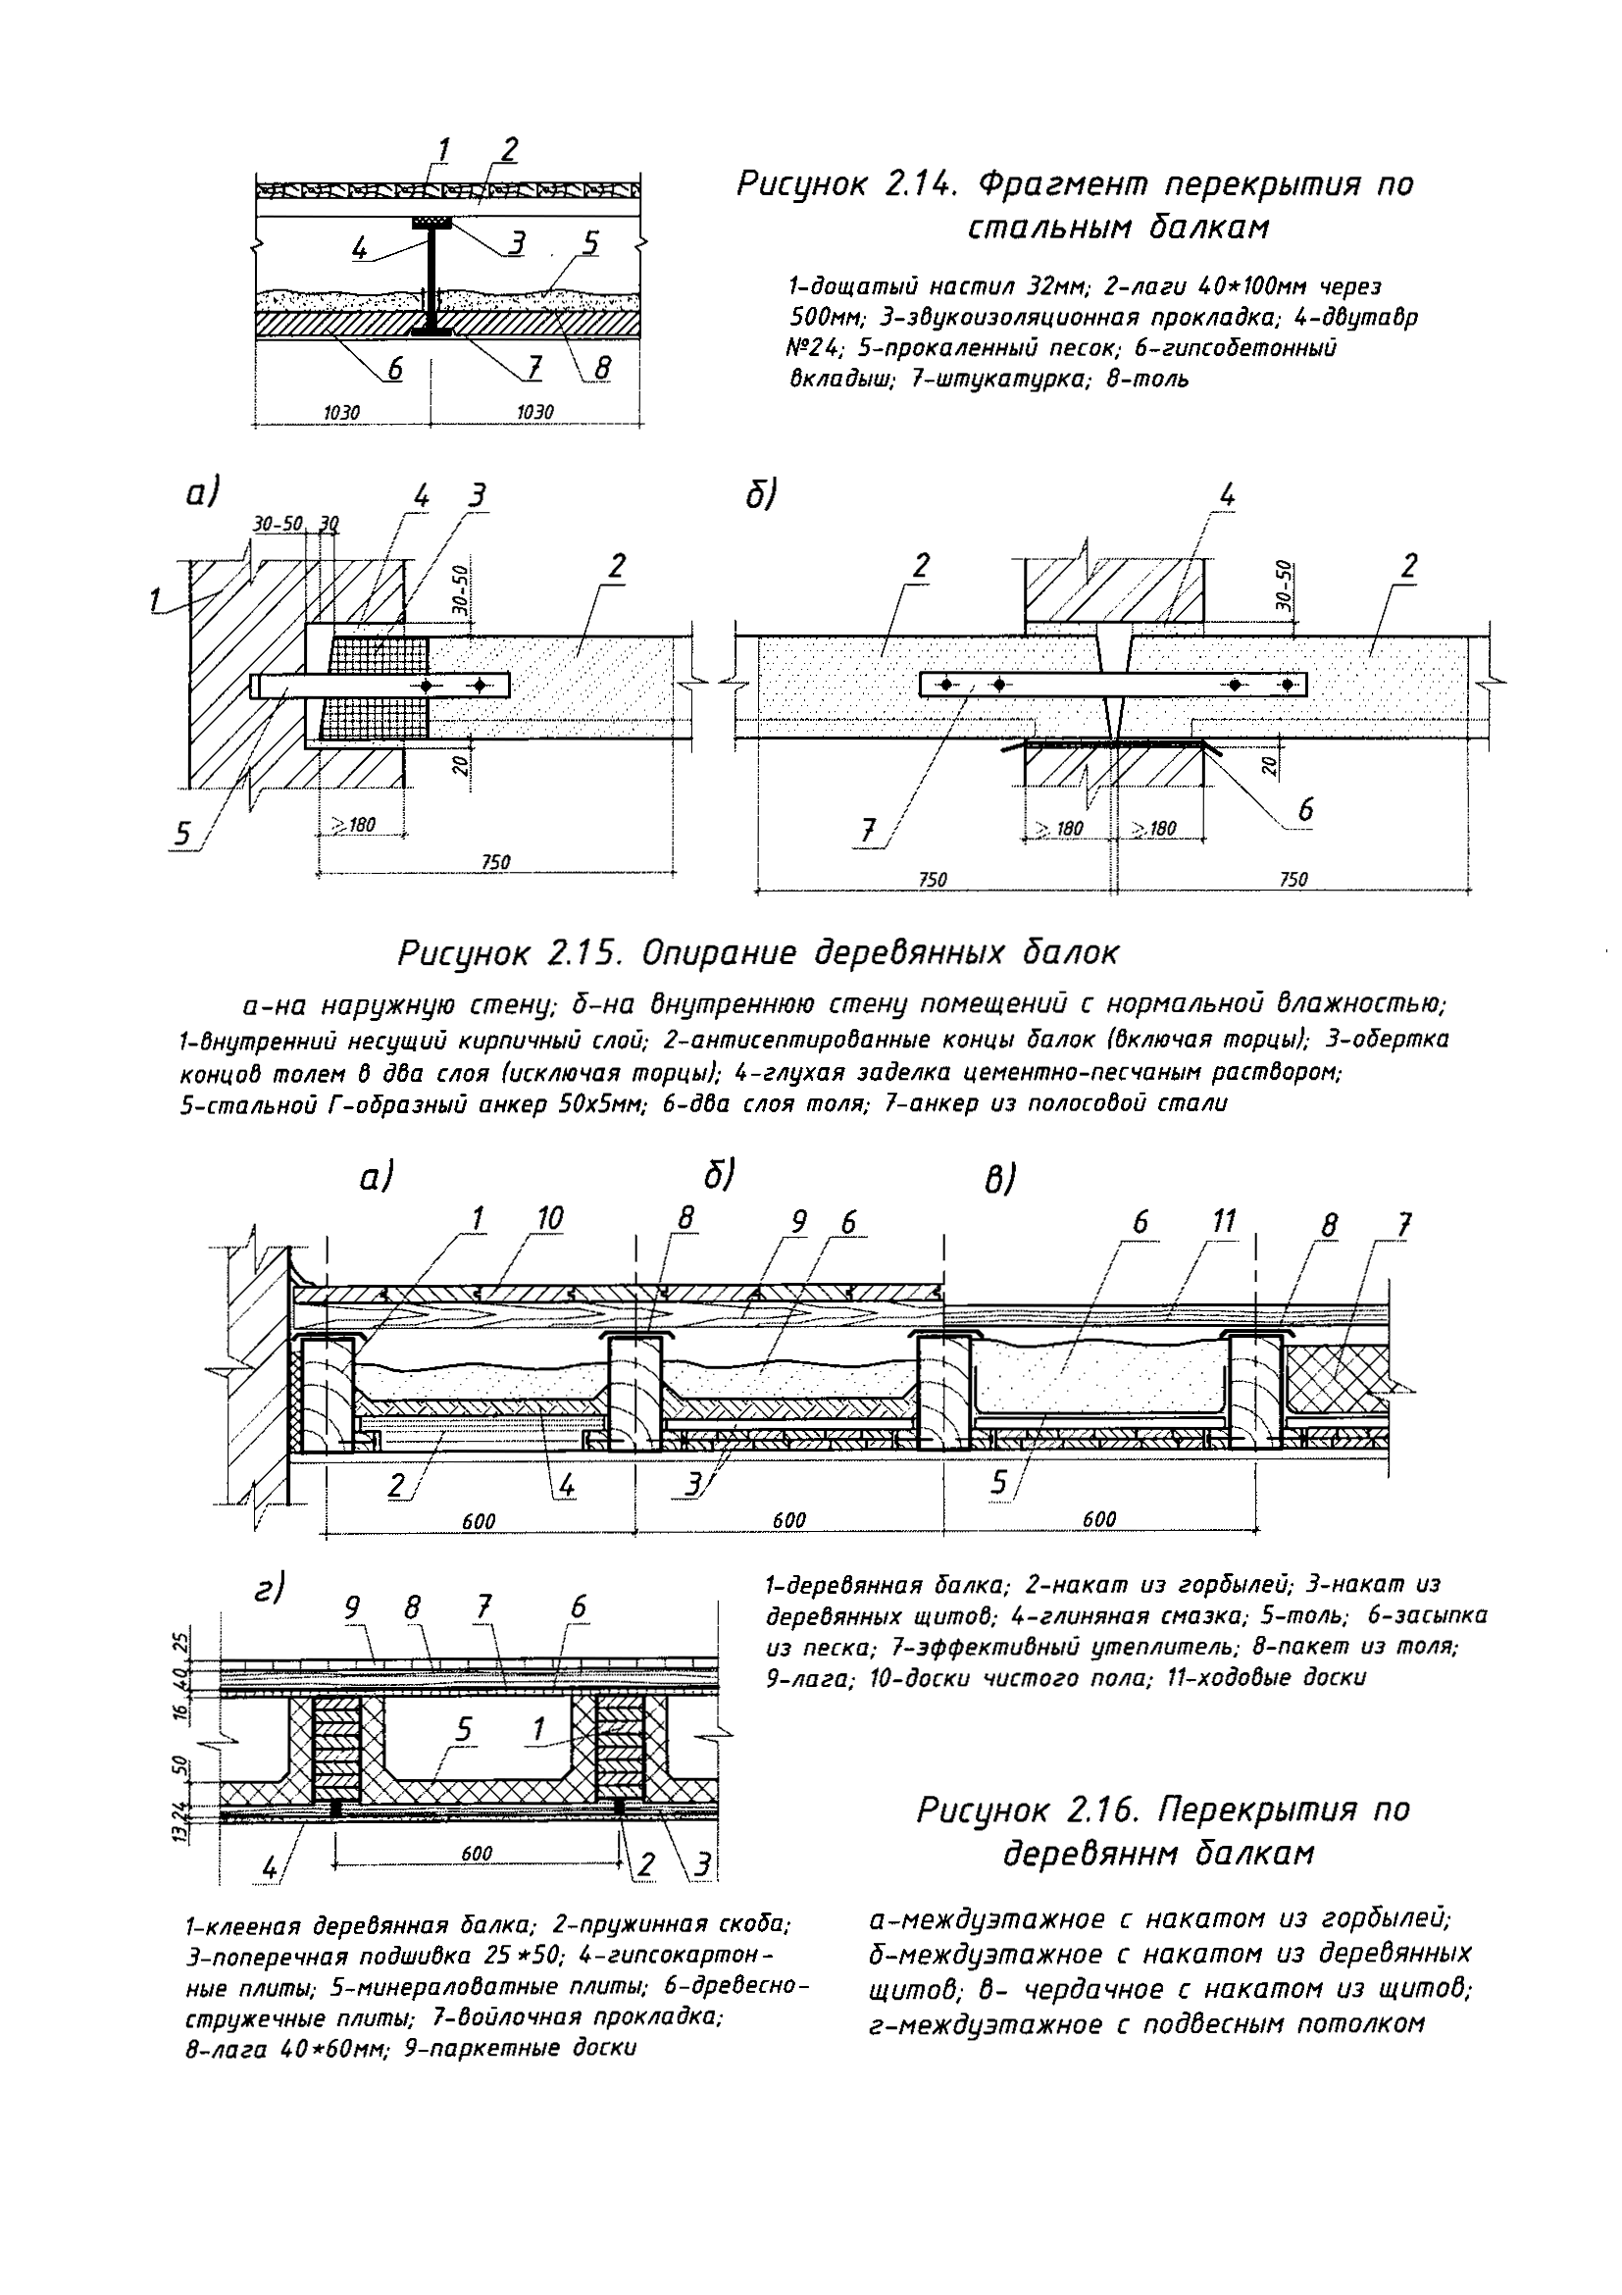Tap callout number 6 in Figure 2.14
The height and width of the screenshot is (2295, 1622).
(x=395, y=369)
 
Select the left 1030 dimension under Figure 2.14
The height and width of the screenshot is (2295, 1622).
(x=342, y=412)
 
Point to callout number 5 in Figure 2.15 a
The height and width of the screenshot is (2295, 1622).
(x=182, y=834)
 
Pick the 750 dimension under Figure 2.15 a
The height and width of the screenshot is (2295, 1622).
(x=494, y=862)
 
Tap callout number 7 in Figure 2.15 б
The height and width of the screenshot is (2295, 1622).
(x=870, y=829)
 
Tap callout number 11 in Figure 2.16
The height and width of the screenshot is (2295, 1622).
(x=1223, y=1220)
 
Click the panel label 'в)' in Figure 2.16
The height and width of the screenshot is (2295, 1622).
(x=999, y=1182)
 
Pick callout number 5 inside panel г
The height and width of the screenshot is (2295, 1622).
(x=463, y=1728)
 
